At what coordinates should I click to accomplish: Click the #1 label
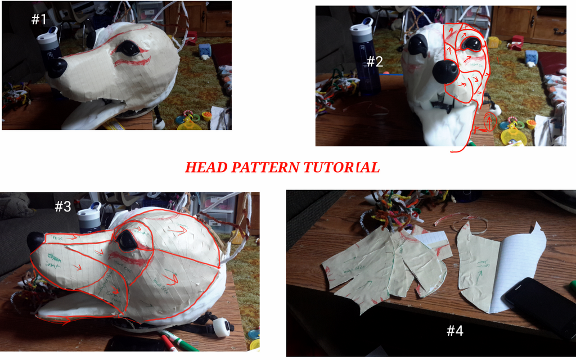(x=38, y=20)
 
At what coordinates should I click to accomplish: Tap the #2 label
(x=375, y=62)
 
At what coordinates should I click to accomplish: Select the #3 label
(x=62, y=207)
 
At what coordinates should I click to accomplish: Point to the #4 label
(x=454, y=331)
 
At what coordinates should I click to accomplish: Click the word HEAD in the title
(x=205, y=168)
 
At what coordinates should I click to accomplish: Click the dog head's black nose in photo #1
(x=57, y=68)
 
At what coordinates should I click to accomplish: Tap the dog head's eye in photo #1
(x=129, y=49)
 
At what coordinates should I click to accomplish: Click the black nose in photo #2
(x=445, y=71)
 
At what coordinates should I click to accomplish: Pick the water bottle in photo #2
(x=365, y=56)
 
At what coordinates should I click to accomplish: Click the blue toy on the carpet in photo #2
(x=531, y=56)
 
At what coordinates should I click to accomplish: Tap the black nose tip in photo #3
(x=35, y=241)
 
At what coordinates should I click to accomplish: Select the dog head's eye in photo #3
(x=127, y=240)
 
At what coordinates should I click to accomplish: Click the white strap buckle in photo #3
(x=222, y=327)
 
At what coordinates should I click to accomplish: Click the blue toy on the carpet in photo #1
(x=205, y=51)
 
